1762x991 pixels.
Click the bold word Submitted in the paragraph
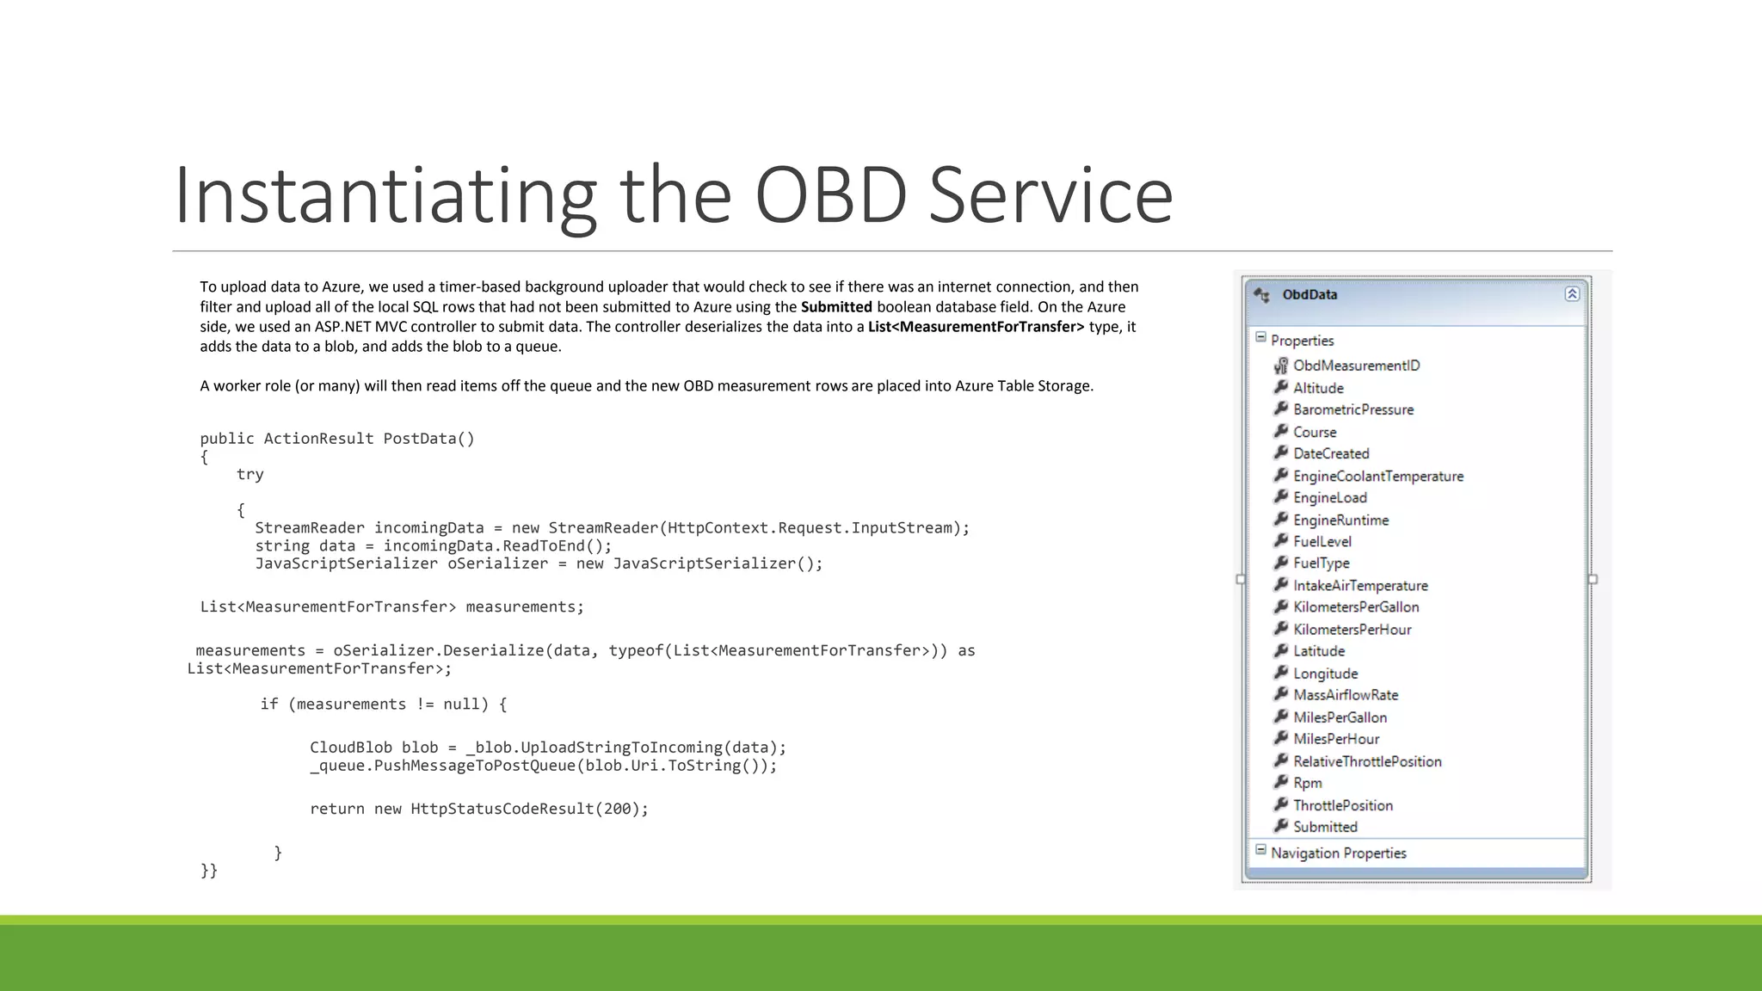(x=835, y=307)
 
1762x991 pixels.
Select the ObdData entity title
(x=1309, y=294)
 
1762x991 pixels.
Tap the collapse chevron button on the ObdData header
(x=1571, y=294)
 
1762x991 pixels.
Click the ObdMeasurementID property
(x=1356, y=366)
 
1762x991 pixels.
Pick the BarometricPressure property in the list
(x=1352, y=409)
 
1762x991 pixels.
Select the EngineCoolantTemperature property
(x=1377, y=476)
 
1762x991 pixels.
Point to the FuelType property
(x=1321, y=563)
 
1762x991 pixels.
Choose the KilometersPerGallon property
(x=1356, y=606)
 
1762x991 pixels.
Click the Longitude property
(x=1325, y=674)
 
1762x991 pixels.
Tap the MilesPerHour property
(x=1335, y=739)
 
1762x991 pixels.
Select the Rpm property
(x=1307, y=783)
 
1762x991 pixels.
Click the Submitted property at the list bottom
(x=1325, y=827)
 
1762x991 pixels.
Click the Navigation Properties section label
(x=1338, y=853)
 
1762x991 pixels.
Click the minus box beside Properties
(x=1260, y=338)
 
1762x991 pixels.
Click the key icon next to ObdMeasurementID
(x=1280, y=366)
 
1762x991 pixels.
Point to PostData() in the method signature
(x=428, y=439)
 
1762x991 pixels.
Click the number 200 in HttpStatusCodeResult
(x=617, y=809)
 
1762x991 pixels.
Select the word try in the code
(x=250, y=474)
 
